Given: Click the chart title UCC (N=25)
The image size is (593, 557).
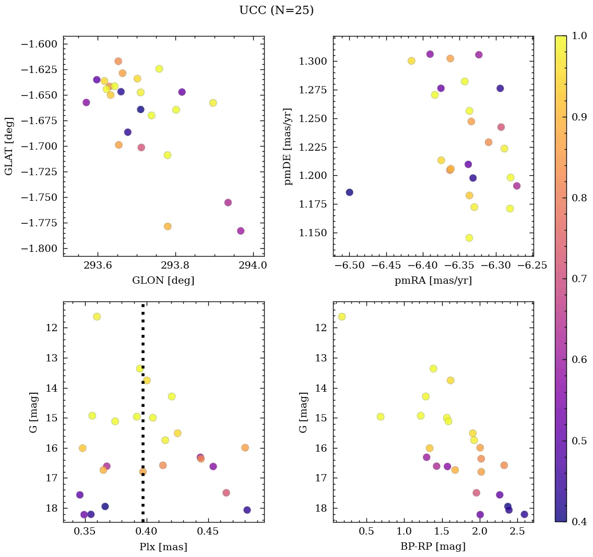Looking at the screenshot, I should point(276,10).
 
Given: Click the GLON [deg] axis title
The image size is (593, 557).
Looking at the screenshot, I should point(163,281).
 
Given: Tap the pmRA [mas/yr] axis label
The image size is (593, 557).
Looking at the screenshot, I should point(433,281).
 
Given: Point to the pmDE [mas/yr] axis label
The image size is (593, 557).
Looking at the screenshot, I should point(288,147).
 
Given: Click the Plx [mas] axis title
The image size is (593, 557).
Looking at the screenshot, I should point(163,547).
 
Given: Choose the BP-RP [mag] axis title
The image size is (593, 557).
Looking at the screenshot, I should point(433,547).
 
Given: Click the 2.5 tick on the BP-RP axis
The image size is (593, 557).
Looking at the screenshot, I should point(517,531).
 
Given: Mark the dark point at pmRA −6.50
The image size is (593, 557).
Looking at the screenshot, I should point(349,192).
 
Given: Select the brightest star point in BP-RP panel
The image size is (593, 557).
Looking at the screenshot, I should point(342,317).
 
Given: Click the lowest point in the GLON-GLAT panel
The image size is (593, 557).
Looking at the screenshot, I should point(241,231).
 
